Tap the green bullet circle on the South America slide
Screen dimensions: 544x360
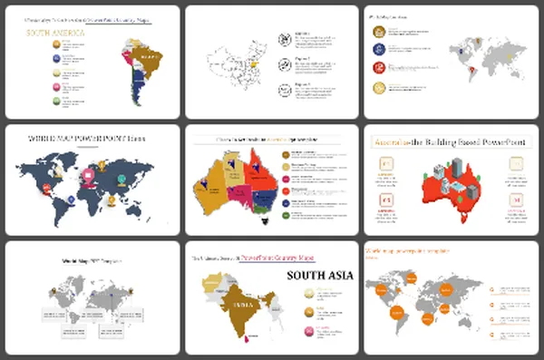(55, 101)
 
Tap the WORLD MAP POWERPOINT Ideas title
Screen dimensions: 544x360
(91, 139)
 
